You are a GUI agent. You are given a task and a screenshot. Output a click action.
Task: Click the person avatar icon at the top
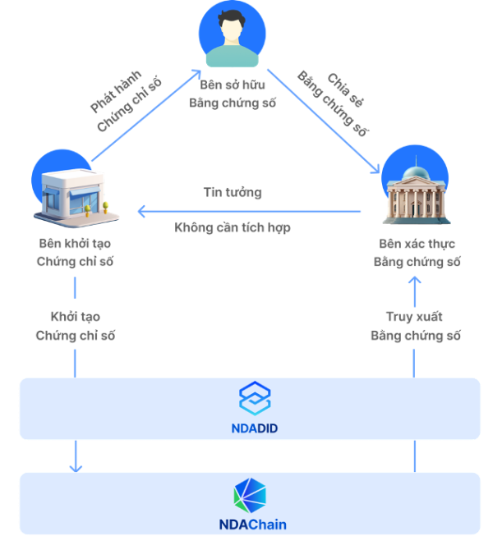(233, 34)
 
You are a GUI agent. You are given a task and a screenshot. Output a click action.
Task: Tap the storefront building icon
(76, 190)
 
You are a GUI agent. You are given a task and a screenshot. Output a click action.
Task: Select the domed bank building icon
(416, 186)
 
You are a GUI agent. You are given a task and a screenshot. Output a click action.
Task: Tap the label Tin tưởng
(233, 193)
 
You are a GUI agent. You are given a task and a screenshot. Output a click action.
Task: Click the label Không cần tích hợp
(233, 227)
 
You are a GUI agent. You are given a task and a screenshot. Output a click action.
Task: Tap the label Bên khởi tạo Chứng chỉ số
(75, 253)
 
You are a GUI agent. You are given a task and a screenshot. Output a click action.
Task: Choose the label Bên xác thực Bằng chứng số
(417, 253)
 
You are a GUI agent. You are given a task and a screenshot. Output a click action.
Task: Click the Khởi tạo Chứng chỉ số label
(75, 326)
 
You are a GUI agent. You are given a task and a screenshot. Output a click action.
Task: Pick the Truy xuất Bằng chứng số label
(416, 326)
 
